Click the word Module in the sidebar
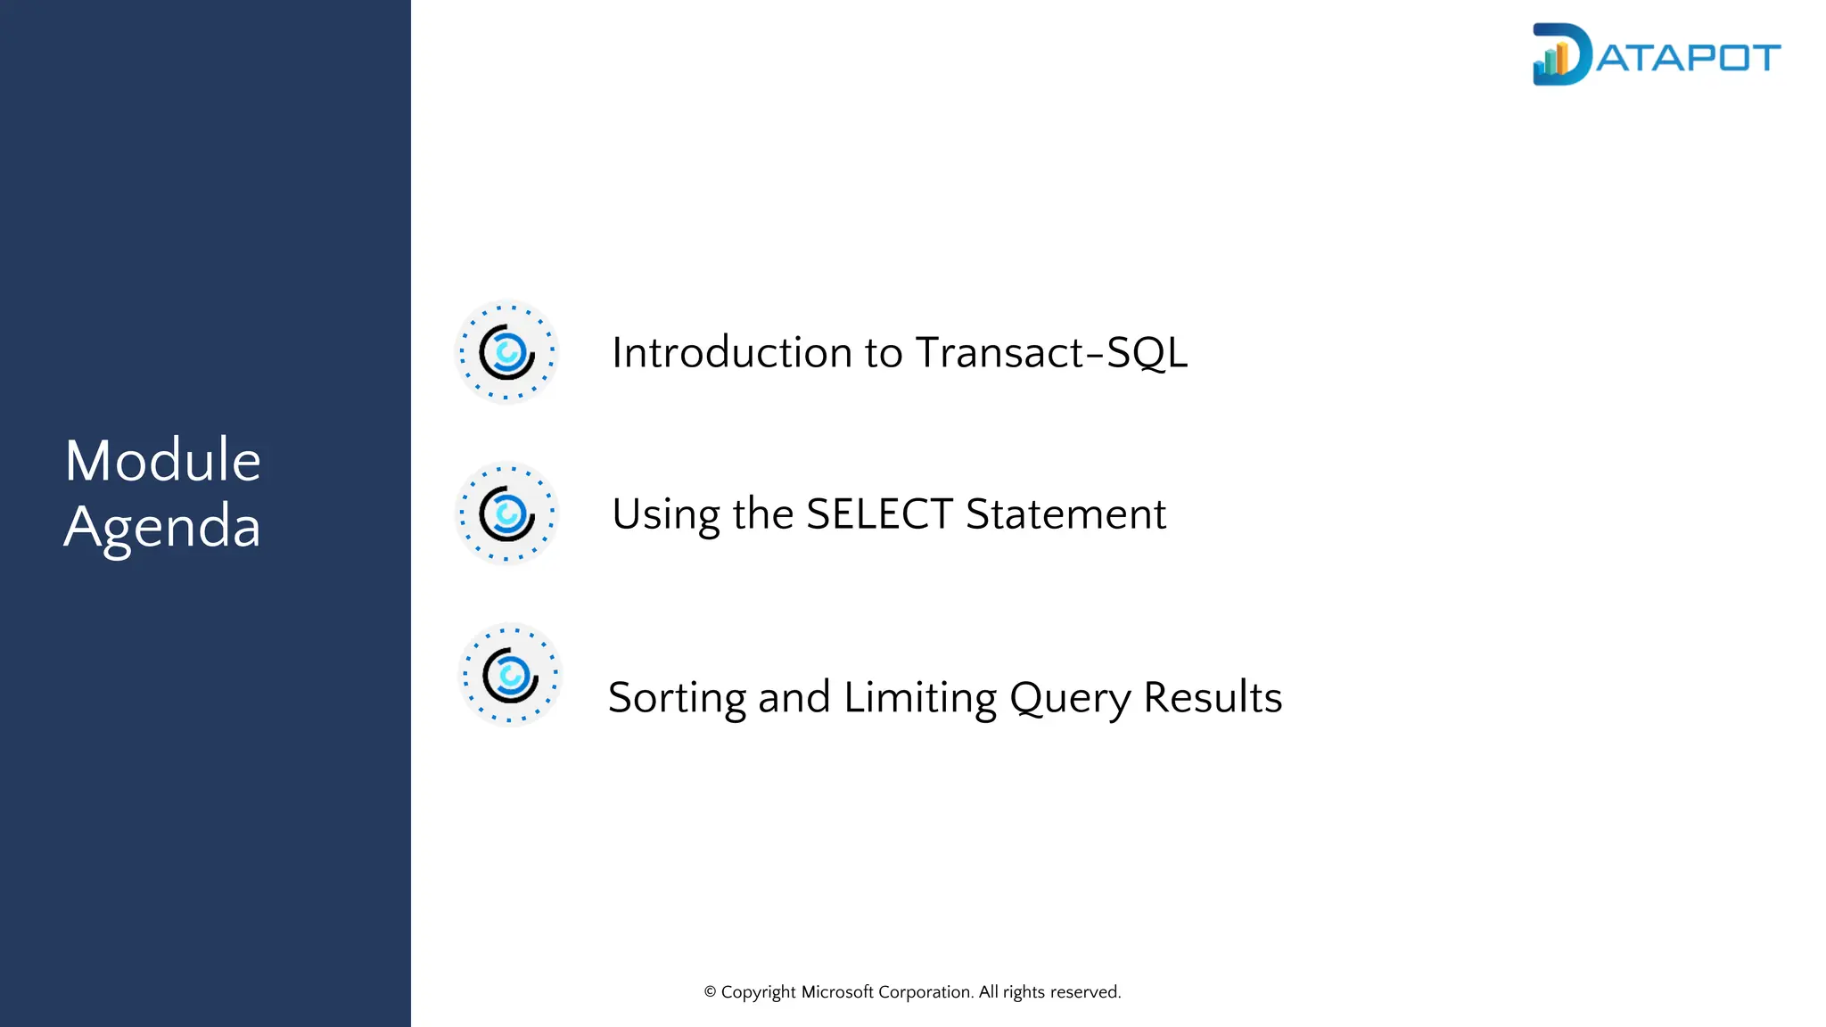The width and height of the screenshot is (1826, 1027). coord(162,461)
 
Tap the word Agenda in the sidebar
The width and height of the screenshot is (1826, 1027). coord(162,527)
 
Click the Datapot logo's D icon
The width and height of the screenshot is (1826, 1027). coord(1560,55)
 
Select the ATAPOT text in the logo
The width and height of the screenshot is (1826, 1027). coord(1688,58)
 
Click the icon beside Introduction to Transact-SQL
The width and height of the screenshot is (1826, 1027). coord(506,352)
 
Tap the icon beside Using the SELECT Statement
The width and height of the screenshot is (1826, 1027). coord(506,513)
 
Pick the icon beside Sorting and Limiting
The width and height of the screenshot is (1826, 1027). coord(510,675)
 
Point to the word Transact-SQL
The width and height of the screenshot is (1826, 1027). coord(1051,352)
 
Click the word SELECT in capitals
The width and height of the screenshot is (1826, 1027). coord(879,514)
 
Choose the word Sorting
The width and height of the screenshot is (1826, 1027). coord(677,698)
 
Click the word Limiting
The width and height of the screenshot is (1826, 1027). coord(920,698)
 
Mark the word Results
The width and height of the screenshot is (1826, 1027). coord(1213,697)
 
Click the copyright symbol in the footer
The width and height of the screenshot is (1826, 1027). coord(711,992)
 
